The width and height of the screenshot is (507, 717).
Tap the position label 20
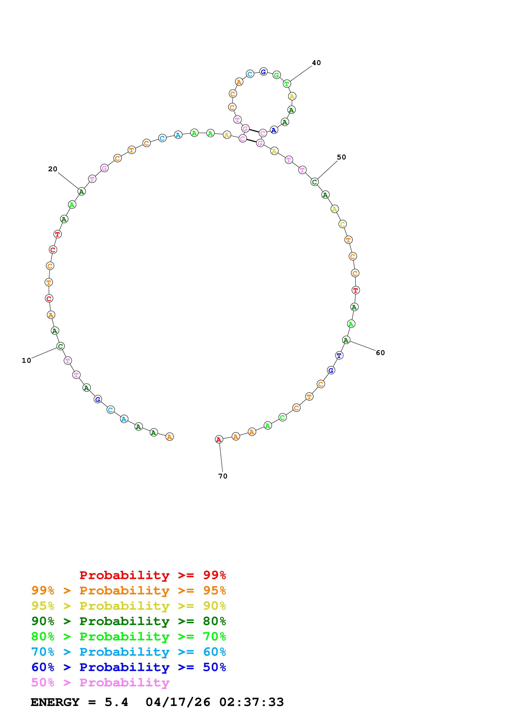tap(53, 169)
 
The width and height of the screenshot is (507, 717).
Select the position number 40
tap(316, 63)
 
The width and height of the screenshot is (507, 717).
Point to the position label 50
tap(341, 157)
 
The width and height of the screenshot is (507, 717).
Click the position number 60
tap(380, 353)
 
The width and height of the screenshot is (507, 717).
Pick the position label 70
tap(223, 476)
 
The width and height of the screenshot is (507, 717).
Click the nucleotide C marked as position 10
tap(61, 346)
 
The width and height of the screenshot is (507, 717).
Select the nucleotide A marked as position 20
tap(82, 192)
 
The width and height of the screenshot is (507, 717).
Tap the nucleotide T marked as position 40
tap(287, 84)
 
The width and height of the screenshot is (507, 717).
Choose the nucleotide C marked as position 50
tap(315, 182)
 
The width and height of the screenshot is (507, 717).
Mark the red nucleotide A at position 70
tap(219, 439)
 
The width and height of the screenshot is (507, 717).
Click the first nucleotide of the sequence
tap(169, 437)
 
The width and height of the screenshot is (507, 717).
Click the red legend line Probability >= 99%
tap(152, 575)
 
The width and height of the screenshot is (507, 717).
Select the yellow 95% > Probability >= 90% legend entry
tap(128, 606)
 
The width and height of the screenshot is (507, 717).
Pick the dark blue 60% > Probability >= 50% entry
tap(128, 667)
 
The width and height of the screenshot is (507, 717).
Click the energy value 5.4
tap(116, 702)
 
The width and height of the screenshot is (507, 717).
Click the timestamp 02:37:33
tap(252, 702)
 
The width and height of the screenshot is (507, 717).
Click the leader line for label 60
tap(362, 346)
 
